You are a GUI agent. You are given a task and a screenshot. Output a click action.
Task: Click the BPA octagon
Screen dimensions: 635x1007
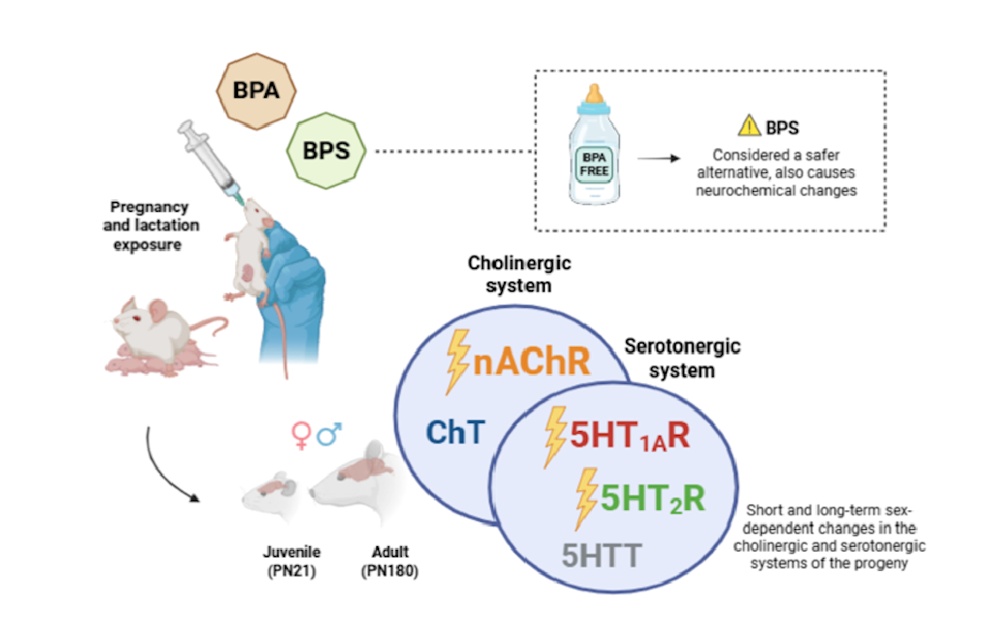255,92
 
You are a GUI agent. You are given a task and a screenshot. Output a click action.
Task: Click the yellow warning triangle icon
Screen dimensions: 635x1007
750,127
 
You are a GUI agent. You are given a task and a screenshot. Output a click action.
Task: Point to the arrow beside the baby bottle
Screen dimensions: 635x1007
658,158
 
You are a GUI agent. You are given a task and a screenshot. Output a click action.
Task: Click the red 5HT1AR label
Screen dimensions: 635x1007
630,436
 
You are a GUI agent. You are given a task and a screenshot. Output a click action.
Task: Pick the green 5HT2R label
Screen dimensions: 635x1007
652,498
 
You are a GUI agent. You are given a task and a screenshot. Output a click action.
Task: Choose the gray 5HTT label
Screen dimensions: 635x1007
602,553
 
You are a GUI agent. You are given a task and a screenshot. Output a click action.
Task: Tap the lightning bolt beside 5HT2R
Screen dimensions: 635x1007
587,497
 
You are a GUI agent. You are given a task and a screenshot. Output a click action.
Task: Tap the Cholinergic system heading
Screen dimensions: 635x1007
508,273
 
